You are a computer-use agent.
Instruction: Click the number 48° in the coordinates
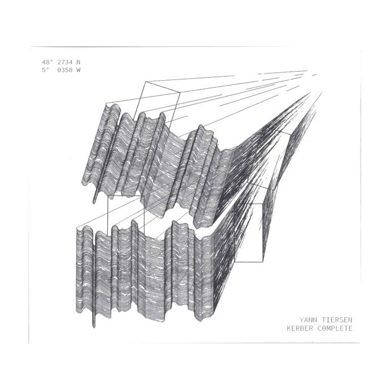[x=47, y=62]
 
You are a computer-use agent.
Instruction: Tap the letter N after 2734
[x=78, y=62]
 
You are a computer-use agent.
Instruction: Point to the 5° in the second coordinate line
[x=44, y=70]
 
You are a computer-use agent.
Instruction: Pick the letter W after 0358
[x=78, y=70]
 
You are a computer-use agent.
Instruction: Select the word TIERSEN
[x=338, y=320]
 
